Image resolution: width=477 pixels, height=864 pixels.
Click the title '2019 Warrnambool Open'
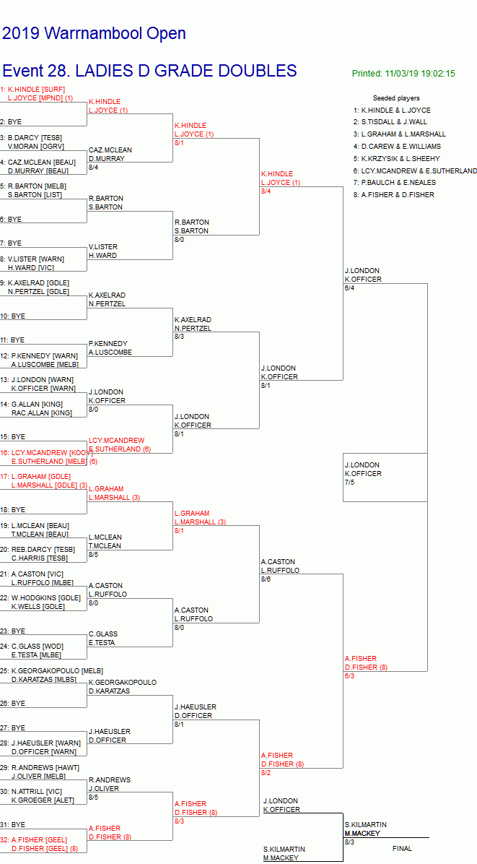click(x=94, y=33)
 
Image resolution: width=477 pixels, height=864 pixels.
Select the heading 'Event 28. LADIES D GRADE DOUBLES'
click(x=149, y=71)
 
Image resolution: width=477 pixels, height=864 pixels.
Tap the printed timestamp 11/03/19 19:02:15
click(x=403, y=74)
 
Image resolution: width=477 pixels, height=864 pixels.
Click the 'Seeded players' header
click(x=396, y=98)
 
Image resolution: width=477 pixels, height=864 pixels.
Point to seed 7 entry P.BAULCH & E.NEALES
click(x=397, y=183)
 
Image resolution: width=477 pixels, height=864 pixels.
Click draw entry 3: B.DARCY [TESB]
click(x=34, y=137)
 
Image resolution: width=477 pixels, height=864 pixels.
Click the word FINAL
click(x=402, y=849)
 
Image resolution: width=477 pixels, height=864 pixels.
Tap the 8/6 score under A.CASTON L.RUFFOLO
click(x=266, y=579)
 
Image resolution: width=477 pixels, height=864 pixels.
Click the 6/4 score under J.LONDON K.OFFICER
click(x=349, y=288)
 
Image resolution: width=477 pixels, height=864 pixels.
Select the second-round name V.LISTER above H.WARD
click(x=102, y=247)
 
